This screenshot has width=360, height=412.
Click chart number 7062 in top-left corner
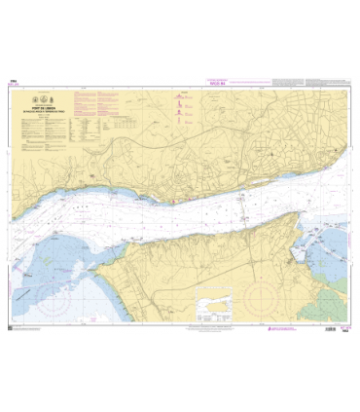coord(13,81)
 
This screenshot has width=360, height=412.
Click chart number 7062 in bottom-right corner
coord(346,332)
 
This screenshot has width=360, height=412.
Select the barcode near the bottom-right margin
coord(337,327)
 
